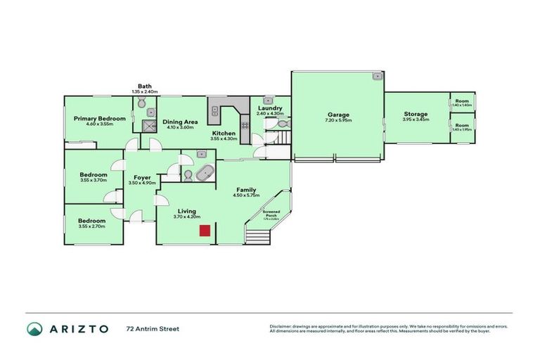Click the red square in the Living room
(x=205, y=231)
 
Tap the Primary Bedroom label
(x=100, y=119)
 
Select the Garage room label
(x=338, y=115)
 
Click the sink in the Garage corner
(x=377, y=75)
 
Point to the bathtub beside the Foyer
(x=204, y=173)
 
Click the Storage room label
(x=416, y=114)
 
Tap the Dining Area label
(x=180, y=122)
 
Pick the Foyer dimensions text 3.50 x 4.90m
(x=141, y=183)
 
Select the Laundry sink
(x=268, y=101)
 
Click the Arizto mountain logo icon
(x=34, y=328)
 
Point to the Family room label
(x=246, y=190)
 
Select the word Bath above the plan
(x=145, y=86)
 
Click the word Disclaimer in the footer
(x=282, y=326)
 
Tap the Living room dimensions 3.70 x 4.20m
(x=187, y=217)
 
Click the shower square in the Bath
(x=149, y=126)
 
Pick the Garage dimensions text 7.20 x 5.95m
(x=338, y=121)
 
